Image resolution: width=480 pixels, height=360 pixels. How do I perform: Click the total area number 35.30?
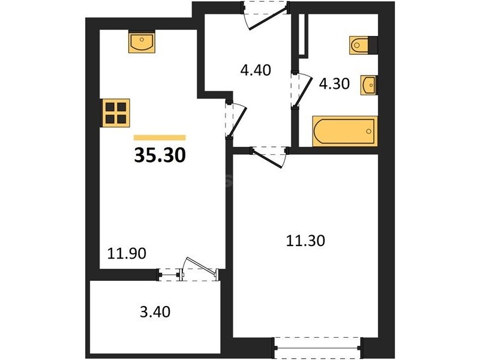160,155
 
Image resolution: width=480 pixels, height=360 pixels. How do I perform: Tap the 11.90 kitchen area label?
127,253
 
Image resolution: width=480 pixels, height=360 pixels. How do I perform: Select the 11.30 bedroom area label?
305,241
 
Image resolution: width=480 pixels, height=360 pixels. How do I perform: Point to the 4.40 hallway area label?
256,70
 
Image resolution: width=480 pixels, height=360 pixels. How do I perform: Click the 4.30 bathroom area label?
334,83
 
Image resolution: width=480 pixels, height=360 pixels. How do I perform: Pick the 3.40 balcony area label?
155,312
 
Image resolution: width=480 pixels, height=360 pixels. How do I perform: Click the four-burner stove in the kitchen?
115,113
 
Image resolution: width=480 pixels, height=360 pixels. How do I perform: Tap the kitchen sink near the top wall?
142,42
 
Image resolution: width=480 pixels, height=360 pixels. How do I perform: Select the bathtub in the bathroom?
344,131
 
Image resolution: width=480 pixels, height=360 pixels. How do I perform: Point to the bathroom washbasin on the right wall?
369,85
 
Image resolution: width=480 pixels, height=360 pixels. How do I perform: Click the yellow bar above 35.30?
160,137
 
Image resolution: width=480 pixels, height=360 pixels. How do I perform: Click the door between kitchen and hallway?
236,120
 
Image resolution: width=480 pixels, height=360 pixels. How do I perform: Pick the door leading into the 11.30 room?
269,157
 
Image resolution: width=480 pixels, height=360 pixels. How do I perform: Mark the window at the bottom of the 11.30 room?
317,348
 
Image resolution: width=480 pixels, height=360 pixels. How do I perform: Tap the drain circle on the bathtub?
369,131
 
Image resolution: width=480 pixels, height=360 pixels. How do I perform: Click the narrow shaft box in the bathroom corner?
302,35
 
